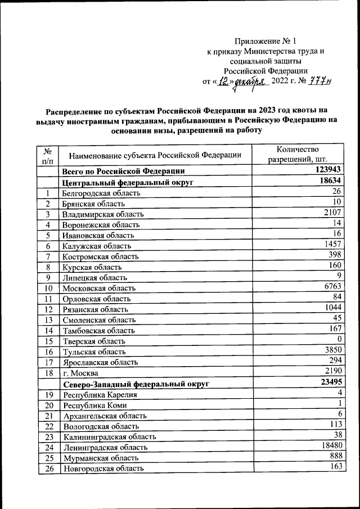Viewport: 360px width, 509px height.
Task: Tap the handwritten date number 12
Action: point(224,82)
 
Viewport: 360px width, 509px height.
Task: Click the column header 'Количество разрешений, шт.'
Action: point(298,154)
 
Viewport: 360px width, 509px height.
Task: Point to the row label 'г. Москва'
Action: point(81,373)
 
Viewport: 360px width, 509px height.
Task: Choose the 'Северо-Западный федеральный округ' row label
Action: point(136,385)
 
